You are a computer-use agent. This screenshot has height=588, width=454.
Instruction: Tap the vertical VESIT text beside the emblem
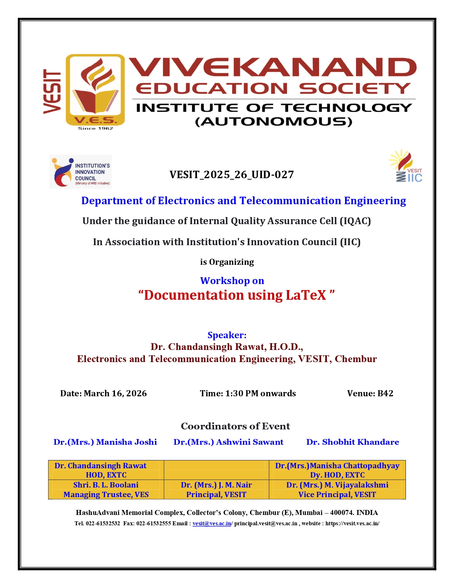coord(52,91)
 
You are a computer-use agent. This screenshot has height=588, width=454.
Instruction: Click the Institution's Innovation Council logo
coord(81,171)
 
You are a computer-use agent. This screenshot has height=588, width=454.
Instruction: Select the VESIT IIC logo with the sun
coord(406,166)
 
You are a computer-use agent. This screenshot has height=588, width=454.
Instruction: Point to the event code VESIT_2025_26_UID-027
coord(231,175)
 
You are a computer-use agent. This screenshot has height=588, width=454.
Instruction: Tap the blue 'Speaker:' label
coord(227,335)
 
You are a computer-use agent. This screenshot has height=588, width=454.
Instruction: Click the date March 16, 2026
coord(115,393)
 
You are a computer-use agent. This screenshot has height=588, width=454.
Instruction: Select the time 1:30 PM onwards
coord(260,393)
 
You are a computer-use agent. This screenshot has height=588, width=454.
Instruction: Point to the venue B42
coord(385,393)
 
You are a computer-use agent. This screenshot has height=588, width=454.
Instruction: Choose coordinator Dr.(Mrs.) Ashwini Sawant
coord(228,442)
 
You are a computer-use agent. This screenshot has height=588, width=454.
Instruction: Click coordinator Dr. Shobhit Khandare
coord(353,442)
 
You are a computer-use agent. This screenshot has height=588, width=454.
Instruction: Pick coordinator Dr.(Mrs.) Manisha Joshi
coord(105,442)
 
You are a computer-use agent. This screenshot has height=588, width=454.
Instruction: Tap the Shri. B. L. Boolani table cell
coord(106,490)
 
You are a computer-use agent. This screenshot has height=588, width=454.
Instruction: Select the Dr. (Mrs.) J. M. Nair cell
coord(216,490)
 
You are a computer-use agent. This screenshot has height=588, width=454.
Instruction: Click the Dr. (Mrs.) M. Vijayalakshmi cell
coord(337,490)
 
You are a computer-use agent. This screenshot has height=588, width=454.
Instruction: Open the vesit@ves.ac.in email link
coord(212,523)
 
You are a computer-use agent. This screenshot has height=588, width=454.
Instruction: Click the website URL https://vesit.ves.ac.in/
coord(352,523)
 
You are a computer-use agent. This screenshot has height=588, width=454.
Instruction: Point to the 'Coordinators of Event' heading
coord(235,426)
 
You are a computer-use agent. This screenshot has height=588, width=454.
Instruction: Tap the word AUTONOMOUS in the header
coord(273,122)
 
